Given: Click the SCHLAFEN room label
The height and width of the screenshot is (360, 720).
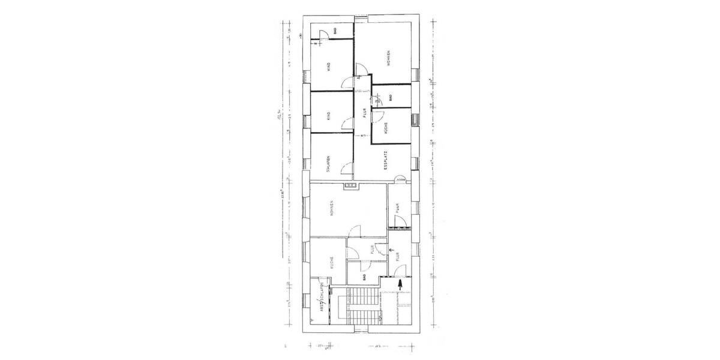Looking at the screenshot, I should (329, 162).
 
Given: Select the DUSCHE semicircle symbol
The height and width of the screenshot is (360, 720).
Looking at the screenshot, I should (401, 179).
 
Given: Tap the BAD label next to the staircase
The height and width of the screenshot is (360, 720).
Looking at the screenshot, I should (365, 277).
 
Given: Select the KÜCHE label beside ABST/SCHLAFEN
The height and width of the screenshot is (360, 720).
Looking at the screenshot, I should (331, 262).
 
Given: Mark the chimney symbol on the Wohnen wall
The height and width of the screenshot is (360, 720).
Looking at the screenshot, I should (351, 187).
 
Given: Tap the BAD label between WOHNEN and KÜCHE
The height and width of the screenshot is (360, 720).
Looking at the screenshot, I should (391, 97).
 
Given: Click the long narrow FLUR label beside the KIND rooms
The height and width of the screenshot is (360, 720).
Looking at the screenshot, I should (364, 112).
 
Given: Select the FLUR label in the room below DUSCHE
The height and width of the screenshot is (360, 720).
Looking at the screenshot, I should (398, 209).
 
